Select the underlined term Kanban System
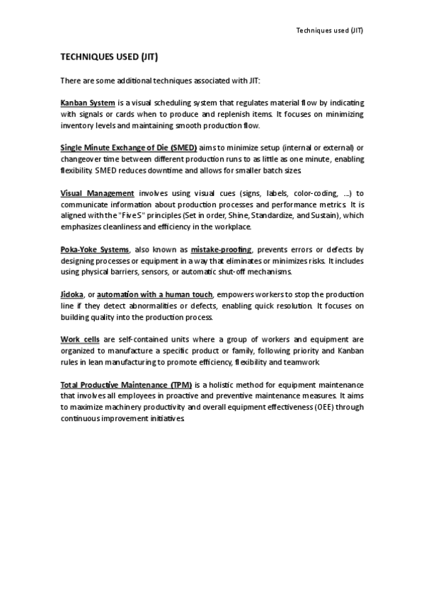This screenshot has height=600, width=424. (x=88, y=103)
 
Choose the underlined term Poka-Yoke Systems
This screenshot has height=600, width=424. (x=95, y=250)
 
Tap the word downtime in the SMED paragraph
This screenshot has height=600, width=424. (x=151, y=171)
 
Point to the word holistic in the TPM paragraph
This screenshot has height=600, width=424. (x=226, y=385)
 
